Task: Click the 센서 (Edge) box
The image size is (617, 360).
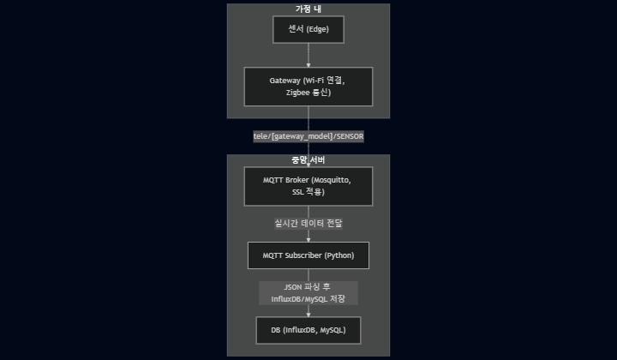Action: [308, 30]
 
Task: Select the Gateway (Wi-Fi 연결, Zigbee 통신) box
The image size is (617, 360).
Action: [308, 86]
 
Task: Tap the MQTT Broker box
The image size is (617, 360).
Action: [308, 186]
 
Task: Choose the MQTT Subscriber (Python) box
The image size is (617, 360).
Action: [308, 255]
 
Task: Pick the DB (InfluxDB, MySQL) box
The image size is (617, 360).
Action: [308, 330]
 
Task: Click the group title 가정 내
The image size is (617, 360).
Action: [308, 9]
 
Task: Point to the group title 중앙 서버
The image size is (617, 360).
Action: [308, 160]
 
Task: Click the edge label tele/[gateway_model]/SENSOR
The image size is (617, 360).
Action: [308, 136]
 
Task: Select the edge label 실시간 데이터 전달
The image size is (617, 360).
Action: [308, 222]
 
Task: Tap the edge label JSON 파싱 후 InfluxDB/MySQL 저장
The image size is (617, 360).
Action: [308, 292]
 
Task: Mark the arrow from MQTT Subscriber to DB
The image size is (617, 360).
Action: [308, 310]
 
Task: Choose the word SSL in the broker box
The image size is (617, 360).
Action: [297, 193]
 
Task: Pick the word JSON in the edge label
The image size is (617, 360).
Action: [291, 286]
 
